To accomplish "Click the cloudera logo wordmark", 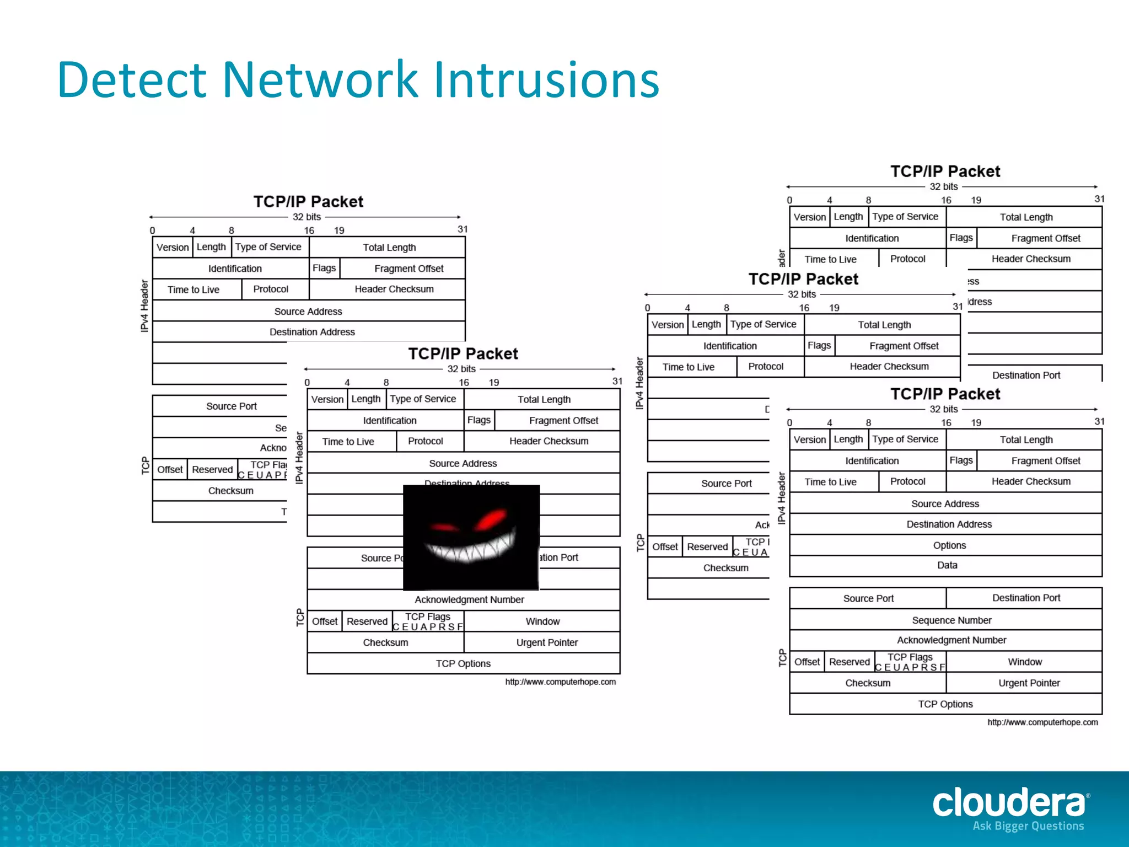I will [x=1009, y=802].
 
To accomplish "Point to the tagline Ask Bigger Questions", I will [x=1028, y=826].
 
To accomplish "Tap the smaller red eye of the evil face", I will [x=443, y=528].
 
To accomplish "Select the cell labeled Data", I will [x=947, y=565].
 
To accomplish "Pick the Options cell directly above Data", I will [x=949, y=545].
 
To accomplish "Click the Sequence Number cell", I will [x=951, y=620].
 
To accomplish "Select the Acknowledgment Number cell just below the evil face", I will [x=469, y=599].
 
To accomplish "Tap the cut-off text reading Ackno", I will [x=273, y=448].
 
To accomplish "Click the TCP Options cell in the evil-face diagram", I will [x=463, y=663].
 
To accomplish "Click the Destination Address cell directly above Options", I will [x=949, y=524].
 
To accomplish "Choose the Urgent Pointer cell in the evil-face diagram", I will [x=546, y=642].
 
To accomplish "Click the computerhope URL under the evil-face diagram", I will [x=560, y=682].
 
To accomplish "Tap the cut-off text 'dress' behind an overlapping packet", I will [x=980, y=302].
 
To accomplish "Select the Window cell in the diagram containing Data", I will [x=1024, y=662].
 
